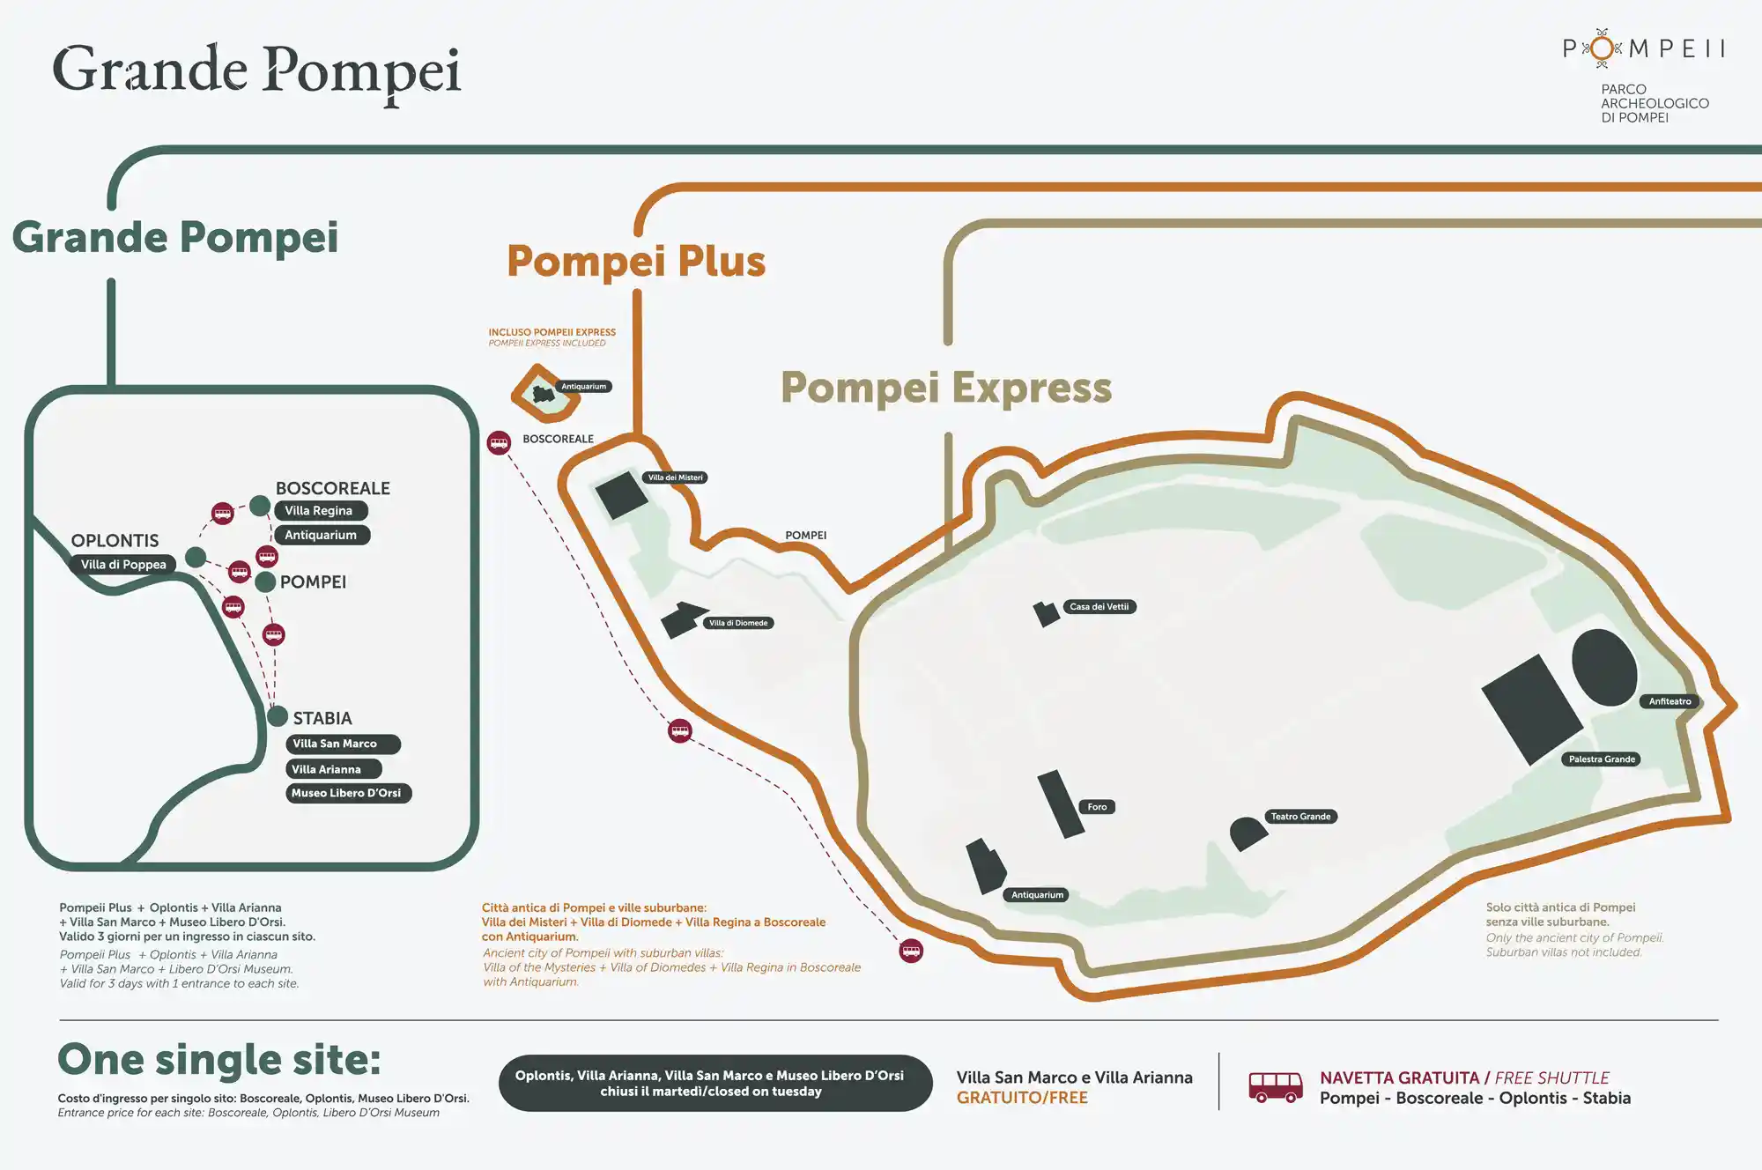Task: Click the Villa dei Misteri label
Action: [x=676, y=478]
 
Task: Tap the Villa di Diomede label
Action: [x=738, y=623]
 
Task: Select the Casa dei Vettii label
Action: [x=1099, y=607]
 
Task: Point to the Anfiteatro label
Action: [x=1669, y=701]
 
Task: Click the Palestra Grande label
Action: [x=1602, y=759]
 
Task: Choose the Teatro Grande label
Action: [x=1300, y=817]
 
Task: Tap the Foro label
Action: [x=1097, y=807]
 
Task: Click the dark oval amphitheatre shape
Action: [x=1604, y=667]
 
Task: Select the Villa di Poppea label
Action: [x=123, y=565]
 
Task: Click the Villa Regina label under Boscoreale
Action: [x=320, y=511]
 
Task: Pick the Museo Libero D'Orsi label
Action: [x=347, y=793]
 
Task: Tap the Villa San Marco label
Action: [x=342, y=744]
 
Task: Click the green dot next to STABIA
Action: [x=278, y=716]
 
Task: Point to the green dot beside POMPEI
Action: [x=265, y=581]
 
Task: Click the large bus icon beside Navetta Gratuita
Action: [x=1276, y=1087]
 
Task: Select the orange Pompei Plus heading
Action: [x=636, y=262]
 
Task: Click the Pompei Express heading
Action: [x=946, y=388]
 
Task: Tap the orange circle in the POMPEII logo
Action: [x=1602, y=48]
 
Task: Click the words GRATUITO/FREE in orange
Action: [x=1022, y=1098]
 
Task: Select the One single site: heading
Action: [x=219, y=1060]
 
